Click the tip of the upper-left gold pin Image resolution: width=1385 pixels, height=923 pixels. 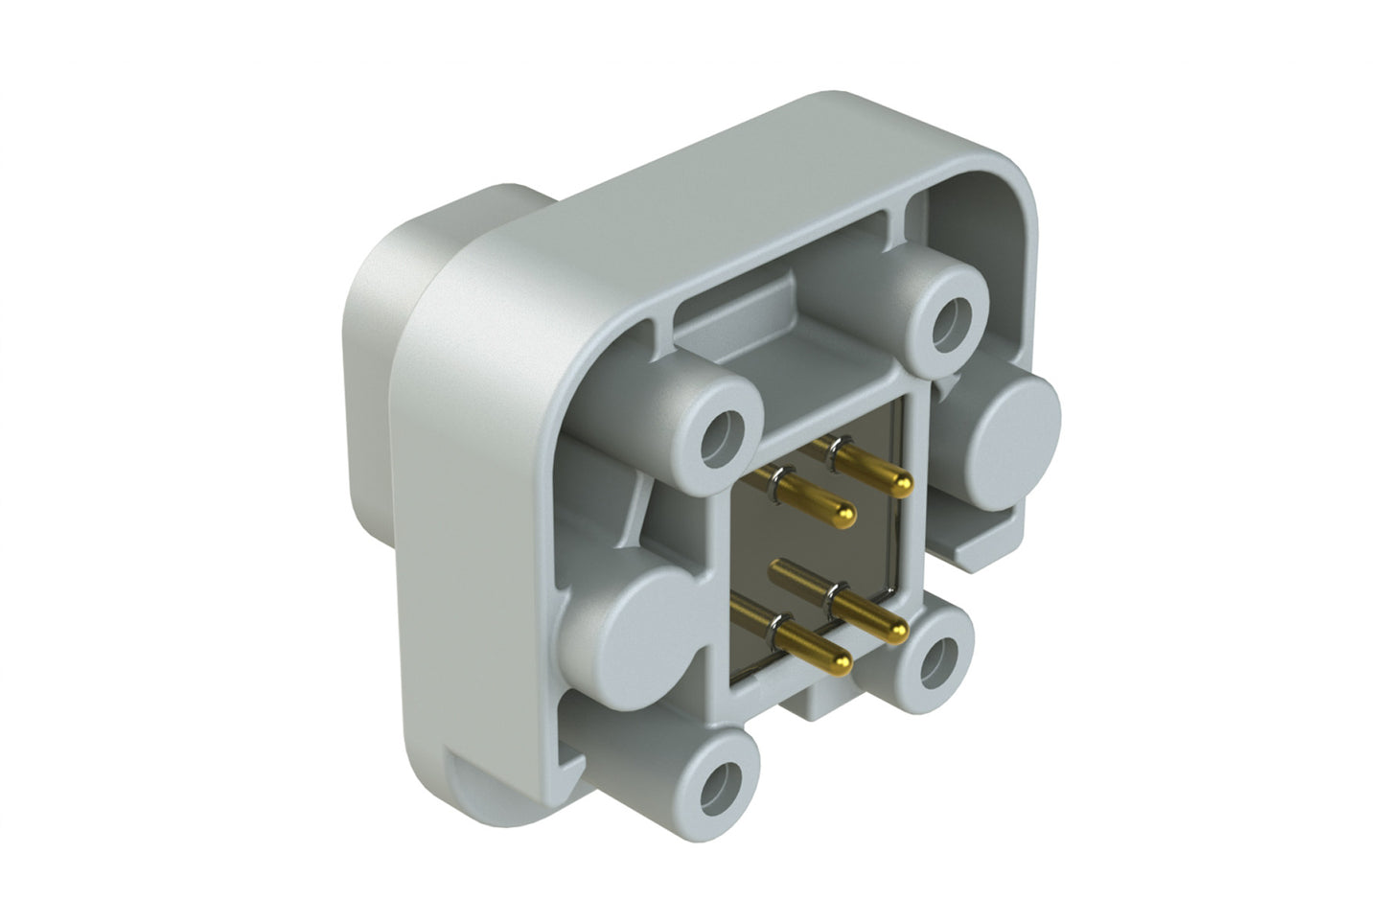(x=844, y=518)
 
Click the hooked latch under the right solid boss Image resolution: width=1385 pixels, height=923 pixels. (x=987, y=546)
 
